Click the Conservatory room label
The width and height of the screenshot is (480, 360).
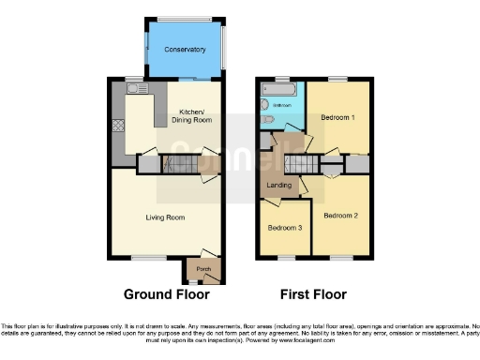click(184, 50)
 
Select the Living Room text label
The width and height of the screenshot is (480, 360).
click(164, 217)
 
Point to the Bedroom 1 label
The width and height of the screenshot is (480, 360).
click(337, 118)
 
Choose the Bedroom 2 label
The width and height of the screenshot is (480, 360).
click(339, 215)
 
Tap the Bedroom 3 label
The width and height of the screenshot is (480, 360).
click(285, 228)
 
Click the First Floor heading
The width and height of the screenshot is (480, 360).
click(313, 294)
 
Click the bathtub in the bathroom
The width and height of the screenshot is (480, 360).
click(278, 91)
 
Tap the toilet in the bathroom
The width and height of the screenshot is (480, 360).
click(267, 120)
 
